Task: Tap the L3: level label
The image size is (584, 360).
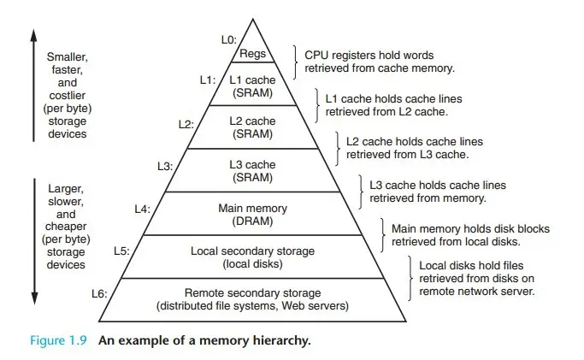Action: (165, 166)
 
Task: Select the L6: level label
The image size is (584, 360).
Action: (98, 293)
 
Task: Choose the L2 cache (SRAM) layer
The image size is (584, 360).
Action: (254, 127)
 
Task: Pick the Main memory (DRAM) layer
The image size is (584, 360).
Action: (254, 214)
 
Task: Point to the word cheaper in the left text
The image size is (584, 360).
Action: (65, 228)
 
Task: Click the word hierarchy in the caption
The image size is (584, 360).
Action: (280, 339)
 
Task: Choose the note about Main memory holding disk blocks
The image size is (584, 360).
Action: (470, 235)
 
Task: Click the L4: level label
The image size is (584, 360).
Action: (142, 208)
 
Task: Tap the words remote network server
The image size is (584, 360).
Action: (476, 291)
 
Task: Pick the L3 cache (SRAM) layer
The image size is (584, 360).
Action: (254, 170)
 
